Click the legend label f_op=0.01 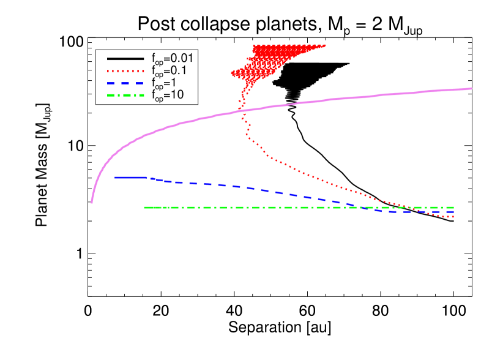[172, 58]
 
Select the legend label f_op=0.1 [170, 70]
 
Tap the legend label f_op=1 [166, 83]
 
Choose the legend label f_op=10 [168, 95]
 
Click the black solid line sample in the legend [125, 59]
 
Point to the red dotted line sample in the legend [125, 71]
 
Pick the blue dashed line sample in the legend [125, 83]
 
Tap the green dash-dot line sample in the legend [125, 96]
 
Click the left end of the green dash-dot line [144, 208]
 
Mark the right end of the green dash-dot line [453, 208]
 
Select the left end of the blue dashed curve [116, 177]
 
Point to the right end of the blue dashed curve [453, 212]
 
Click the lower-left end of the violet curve [92, 202]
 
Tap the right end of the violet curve [471, 89]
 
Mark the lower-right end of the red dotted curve [453, 217]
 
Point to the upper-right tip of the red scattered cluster [325, 45]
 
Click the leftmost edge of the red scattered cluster [232, 73]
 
